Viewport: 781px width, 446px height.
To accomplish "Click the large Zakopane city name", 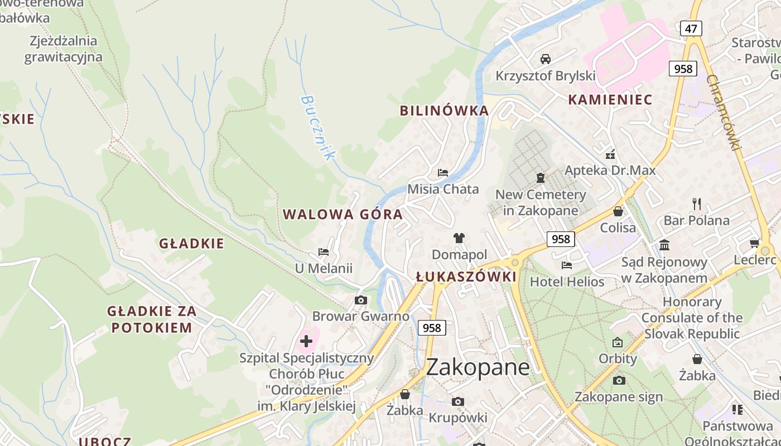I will (x=478, y=367).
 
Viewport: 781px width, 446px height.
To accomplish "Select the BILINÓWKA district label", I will (x=444, y=110).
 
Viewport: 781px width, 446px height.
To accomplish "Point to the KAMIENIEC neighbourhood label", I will (x=610, y=100).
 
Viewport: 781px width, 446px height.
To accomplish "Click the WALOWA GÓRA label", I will (x=343, y=214).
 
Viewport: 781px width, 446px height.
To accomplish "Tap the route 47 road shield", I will (x=691, y=28).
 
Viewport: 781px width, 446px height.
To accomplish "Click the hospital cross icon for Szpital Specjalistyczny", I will (x=306, y=341).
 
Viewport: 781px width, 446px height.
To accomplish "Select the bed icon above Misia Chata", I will (x=443, y=173).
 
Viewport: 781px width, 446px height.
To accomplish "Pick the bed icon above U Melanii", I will (x=324, y=252).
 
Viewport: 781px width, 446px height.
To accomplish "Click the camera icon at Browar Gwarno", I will (x=361, y=300).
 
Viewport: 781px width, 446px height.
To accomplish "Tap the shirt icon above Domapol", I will (x=459, y=238).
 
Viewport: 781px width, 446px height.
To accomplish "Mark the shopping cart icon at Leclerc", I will (x=755, y=243).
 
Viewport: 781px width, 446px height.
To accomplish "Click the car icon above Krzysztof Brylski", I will (x=546, y=59).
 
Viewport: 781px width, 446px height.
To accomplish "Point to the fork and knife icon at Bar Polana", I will (x=696, y=203).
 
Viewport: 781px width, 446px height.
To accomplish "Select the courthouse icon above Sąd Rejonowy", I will (x=664, y=245).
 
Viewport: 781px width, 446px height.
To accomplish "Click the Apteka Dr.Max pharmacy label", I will (x=610, y=170).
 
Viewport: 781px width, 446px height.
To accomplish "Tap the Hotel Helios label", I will (x=567, y=282).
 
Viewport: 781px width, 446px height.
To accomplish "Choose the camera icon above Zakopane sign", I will (x=619, y=380).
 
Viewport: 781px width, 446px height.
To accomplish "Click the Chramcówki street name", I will (x=723, y=112).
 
